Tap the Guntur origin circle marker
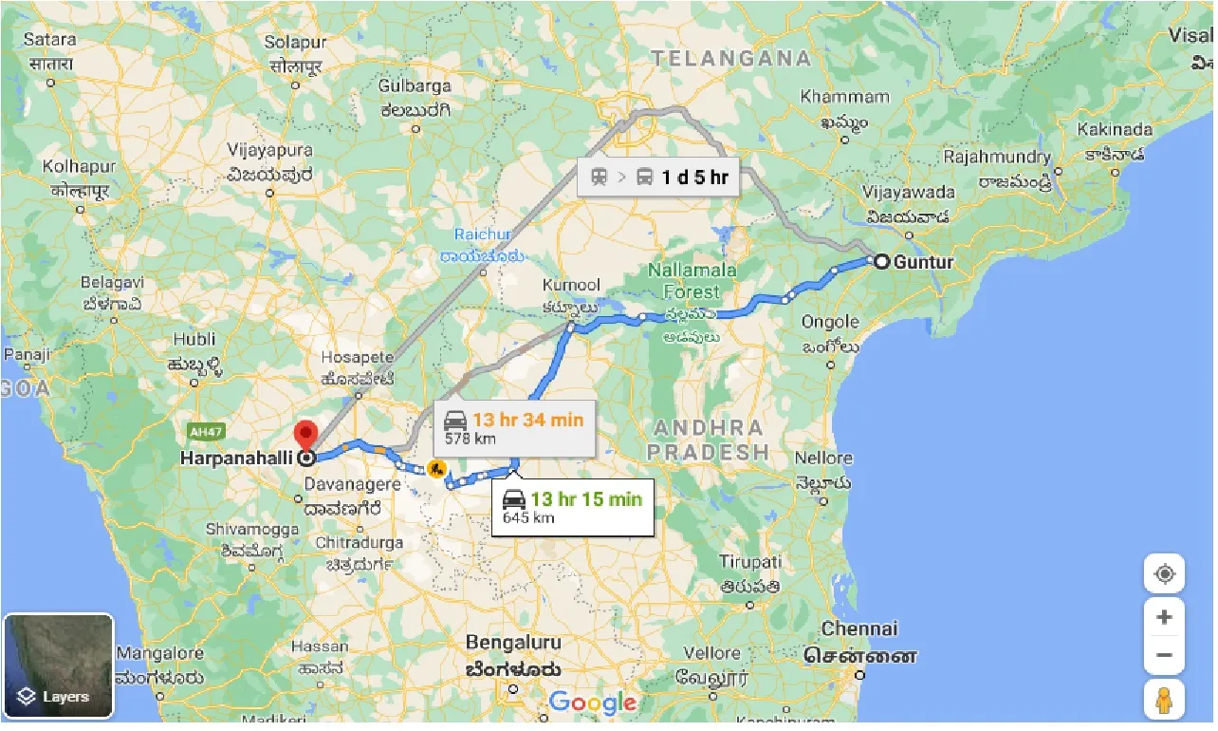point(881,262)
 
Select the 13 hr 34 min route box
point(514,427)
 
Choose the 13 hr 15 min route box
point(572,507)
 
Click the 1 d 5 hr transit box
point(659,178)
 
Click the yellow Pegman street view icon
point(1164,700)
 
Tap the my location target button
point(1164,574)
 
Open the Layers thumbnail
point(59,665)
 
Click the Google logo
point(592,703)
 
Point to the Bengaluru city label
point(512,643)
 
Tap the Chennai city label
point(859,628)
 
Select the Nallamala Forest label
point(692,281)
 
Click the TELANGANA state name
point(731,58)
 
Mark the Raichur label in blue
point(482,234)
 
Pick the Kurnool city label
point(571,285)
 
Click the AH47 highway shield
point(204,432)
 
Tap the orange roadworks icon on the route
point(436,468)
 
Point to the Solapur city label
point(295,42)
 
